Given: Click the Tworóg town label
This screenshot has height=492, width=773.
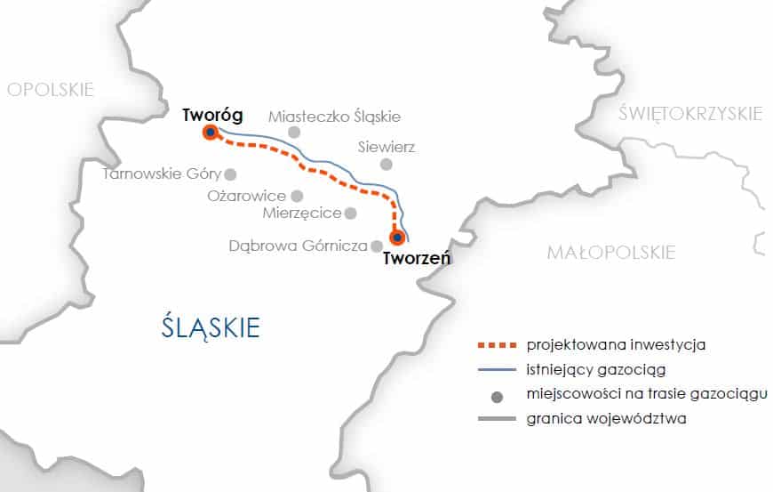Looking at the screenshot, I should click(211, 115).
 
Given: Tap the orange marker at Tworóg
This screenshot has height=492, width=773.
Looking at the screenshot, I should click(211, 133).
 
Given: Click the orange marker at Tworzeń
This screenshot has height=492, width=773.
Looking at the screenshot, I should click(397, 238).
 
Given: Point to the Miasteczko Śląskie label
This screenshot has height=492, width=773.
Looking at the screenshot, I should click(334, 116).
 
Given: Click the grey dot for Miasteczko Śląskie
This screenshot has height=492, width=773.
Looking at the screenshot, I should click(294, 133).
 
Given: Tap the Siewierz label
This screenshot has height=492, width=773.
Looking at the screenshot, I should click(386, 147).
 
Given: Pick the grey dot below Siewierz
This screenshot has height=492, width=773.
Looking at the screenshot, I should click(386, 165).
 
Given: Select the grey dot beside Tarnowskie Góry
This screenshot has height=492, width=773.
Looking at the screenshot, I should click(231, 174).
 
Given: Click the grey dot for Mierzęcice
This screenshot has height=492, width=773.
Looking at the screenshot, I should click(351, 213).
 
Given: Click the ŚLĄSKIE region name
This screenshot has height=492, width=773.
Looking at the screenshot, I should click(211, 327).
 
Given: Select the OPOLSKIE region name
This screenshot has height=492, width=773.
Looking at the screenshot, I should click(50, 89).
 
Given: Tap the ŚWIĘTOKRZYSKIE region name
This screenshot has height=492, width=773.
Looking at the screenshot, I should click(690, 113).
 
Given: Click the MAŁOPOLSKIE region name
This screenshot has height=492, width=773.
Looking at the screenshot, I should click(610, 253).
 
